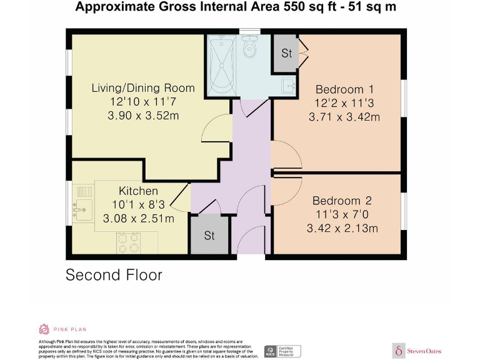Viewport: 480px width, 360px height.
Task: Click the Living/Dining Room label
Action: pos(143,88)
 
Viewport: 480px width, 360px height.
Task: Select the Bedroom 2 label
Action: pos(342,201)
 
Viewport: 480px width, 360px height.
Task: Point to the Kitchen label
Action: pos(138,191)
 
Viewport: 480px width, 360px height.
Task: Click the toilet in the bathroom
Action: pos(250,48)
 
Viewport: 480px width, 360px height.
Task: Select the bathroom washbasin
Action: pos(288,84)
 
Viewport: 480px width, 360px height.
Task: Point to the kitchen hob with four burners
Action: pos(128,242)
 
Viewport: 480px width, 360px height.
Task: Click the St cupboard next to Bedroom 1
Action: pos(286,54)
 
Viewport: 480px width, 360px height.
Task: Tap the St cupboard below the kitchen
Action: pos(209,236)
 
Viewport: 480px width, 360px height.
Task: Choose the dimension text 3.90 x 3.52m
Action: pos(143,116)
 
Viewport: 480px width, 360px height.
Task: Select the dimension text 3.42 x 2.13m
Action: pos(342,228)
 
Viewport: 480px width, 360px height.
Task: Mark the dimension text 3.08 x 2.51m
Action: pos(138,218)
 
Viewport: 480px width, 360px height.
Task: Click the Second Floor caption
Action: pos(114,274)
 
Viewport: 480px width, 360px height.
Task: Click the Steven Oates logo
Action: pos(417,351)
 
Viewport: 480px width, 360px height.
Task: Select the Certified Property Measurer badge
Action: pos(282,351)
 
